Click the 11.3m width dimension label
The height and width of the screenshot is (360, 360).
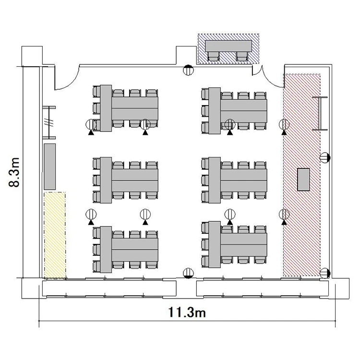187,312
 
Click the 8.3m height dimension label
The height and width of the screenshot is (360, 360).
14,172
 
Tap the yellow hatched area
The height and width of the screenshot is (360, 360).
55,236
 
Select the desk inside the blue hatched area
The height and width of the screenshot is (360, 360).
228,46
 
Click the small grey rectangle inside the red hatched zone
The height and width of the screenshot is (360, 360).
303,180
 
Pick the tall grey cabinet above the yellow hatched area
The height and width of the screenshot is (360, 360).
49,167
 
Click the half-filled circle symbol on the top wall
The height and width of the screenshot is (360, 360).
188,70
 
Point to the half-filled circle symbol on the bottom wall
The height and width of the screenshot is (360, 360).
188,273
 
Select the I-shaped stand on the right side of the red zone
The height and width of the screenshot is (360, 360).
320,113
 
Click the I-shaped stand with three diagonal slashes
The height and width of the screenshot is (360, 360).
49,122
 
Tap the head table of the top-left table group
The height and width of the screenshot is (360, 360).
106,108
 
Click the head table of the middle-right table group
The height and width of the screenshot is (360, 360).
215,180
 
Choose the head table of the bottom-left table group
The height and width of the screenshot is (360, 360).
106,250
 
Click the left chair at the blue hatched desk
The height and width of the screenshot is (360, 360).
213,57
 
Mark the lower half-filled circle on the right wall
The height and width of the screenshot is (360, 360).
325,273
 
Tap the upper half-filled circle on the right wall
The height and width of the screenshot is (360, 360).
325,157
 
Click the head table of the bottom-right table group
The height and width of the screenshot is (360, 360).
215,244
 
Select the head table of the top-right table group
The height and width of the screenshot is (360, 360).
215,111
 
